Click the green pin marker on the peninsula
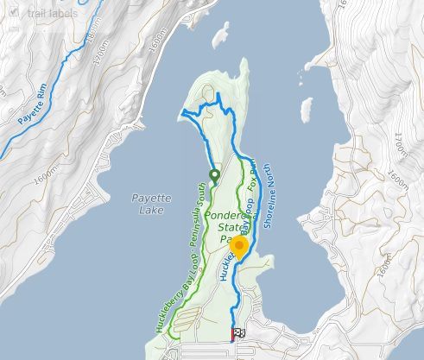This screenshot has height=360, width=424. click(214, 175)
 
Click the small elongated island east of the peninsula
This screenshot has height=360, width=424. click(305, 110)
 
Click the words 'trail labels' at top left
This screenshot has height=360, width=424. click(51, 13)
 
